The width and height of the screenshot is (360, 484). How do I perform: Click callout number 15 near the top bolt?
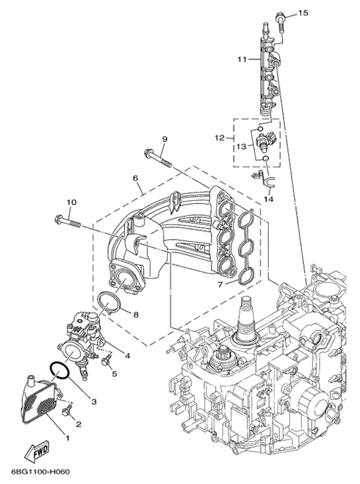(x=302, y=13)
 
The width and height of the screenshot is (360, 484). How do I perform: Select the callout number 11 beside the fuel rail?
(x=241, y=59)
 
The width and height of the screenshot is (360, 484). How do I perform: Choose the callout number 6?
(x=135, y=178)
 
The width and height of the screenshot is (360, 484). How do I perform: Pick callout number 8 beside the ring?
(x=136, y=313)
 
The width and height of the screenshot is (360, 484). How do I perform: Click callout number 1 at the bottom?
(x=67, y=438)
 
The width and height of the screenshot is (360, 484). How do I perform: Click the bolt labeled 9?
(x=158, y=157)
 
